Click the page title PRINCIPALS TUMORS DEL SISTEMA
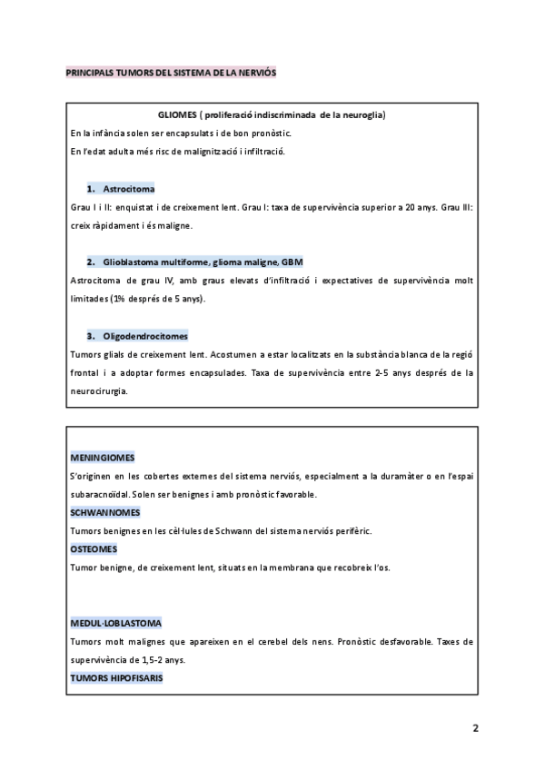click(172, 72)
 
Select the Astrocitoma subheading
click(128, 189)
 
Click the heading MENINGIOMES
click(104, 458)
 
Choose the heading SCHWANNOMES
click(106, 512)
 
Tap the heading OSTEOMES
click(93, 549)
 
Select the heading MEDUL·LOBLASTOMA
click(116, 623)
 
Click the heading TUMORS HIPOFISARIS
click(116, 678)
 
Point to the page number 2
click(475, 728)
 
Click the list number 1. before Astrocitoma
click(92, 189)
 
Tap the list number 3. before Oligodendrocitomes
click(92, 335)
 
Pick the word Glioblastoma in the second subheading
click(133, 262)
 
